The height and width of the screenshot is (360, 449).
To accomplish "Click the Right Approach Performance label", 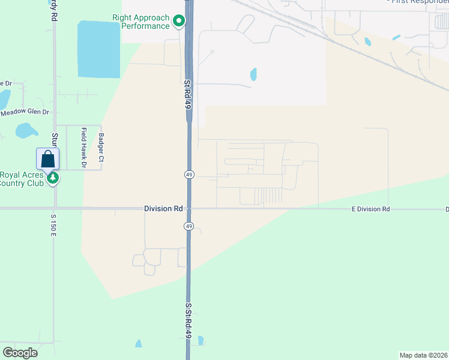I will (x=141, y=22).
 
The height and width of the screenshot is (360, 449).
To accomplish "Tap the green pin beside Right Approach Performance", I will (x=179, y=22).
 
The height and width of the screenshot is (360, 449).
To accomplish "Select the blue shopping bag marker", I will (x=48, y=160).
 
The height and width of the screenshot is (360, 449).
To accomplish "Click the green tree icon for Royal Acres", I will (x=53, y=178).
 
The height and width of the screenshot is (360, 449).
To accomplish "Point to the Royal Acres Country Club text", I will (x=22, y=179).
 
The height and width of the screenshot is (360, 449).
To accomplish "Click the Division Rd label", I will (x=163, y=208).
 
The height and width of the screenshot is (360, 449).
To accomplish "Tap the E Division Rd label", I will (x=370, y=209).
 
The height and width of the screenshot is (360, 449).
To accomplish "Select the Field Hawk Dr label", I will (x=85, y=148).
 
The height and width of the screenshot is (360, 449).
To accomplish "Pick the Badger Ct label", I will (x=101, y=148).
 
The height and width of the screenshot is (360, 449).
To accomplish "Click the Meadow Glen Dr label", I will (x=25, y=112).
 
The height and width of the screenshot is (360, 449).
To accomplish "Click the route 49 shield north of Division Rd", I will (x=188, y=174).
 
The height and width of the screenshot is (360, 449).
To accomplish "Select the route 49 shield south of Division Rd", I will (x=188, y=226).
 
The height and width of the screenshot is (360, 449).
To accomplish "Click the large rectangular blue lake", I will (x=98, y=49).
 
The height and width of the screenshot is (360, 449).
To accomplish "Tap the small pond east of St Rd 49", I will (x=253, y=74).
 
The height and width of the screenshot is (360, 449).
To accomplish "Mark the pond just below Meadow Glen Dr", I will (x=26, y=130).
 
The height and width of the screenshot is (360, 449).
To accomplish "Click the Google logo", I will (x=20, y=353).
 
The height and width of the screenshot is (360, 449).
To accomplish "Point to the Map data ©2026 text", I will (x=423, y=355).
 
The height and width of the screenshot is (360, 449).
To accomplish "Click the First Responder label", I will (x=419, y=2).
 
